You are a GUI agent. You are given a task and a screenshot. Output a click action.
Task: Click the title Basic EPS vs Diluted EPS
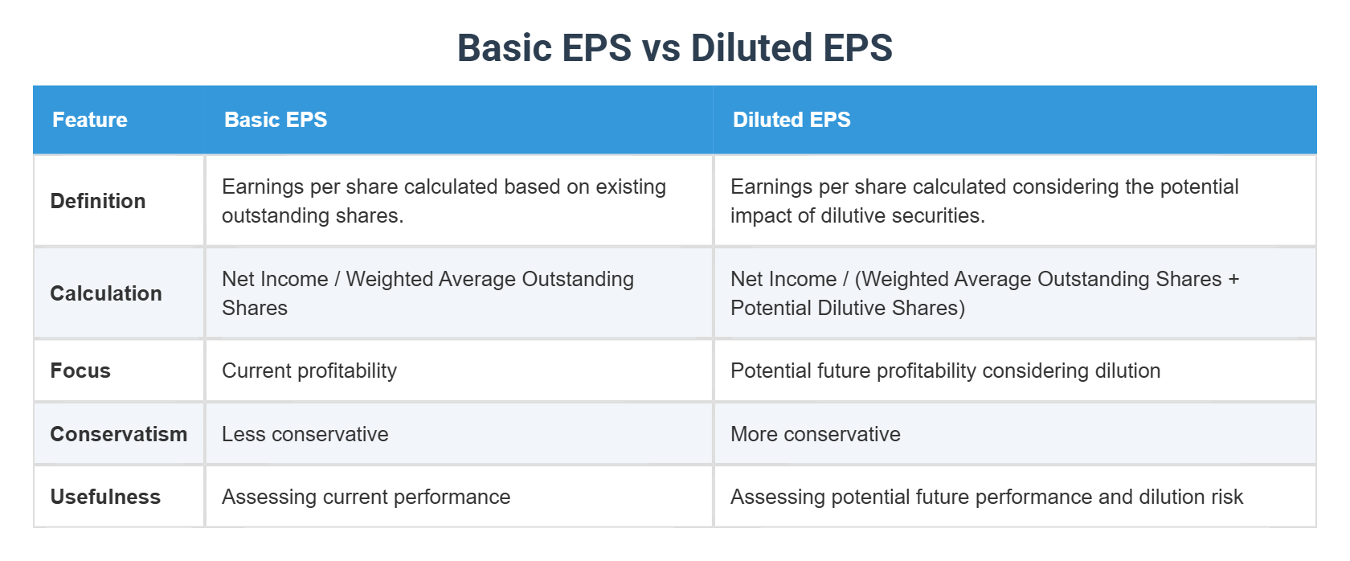pyautogui.click(x=674, y=48)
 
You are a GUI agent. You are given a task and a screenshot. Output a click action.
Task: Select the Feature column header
pyautogui.click(x=90, y=120)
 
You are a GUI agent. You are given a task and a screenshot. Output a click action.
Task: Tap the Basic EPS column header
pyautogui.click(x=276, y=120)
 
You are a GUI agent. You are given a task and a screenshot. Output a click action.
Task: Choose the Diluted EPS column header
pyautogui.click(x=792, y=120)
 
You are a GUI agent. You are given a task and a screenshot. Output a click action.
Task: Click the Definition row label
pyautogui.click(x=98, y=201)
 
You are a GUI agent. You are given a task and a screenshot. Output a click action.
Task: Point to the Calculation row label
pyautogui.click(x=106, y=293)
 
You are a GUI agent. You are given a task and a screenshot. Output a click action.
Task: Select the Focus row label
pyautogui.click(x=80, y=371)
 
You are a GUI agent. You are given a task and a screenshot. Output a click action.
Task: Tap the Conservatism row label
pyautogui.click(x=118, y=434)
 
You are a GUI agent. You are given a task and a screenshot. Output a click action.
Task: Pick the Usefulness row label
pyautogui.click(x=105, y=497)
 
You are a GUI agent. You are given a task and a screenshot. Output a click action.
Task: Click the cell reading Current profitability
pyautogui.click(x=309, y=371)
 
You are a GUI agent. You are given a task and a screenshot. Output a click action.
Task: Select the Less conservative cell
pyautogui.click(x=305, y=434)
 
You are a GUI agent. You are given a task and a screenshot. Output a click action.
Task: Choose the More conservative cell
pyautogui.click(x=816, y=434)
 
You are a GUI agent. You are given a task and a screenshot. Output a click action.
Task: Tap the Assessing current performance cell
pyautogui.click(x=366, y=497)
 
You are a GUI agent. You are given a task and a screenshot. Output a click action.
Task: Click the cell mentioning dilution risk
pyautogui.click(x=987, y=497)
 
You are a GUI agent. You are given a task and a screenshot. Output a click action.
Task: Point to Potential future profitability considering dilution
pyautogui.click(x=946, y=371)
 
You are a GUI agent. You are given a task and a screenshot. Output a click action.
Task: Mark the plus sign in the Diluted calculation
pyautogui.click(x=1233, y=280)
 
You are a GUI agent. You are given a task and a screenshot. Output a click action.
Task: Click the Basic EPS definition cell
pyautogui.click(x=444, y=201)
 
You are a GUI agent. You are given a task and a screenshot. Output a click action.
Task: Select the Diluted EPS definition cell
pyautogui.click(x=984, y=201)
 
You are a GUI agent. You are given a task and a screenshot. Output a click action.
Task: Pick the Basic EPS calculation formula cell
pyautogui.click(x=427, y=293)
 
